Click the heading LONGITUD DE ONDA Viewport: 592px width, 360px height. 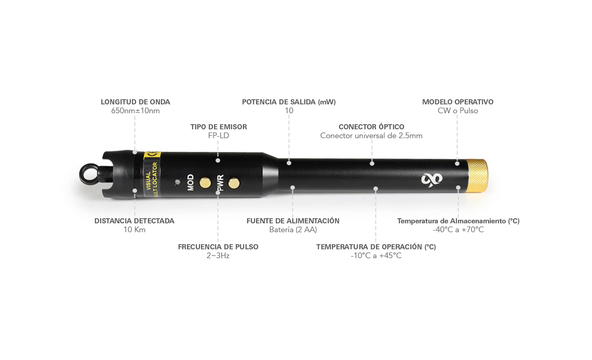pos(135,102)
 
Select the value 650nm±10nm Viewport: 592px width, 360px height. pos(135,111)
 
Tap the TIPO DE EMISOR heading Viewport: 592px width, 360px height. pos(219,127)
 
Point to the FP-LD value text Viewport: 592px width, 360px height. pos(219,136)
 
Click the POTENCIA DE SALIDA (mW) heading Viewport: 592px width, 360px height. pos(289,102)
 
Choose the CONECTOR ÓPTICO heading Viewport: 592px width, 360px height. pos(371,127)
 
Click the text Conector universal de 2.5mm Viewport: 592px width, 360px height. pos(371,136)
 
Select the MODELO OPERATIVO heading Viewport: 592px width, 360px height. pos(458,102)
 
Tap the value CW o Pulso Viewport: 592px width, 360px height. pos(458,111)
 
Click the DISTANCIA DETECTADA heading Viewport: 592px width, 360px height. pos(134,221)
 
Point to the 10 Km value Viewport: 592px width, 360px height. pos(134,230)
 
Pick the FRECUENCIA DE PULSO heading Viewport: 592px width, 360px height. pos(218,247)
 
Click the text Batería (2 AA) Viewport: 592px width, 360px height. pos(293,230)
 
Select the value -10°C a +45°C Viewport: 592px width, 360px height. pos(376,256)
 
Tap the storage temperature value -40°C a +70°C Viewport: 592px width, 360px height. pos(459,230)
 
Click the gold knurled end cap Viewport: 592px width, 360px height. pos(477,175)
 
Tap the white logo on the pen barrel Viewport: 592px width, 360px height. pos(432,179)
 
